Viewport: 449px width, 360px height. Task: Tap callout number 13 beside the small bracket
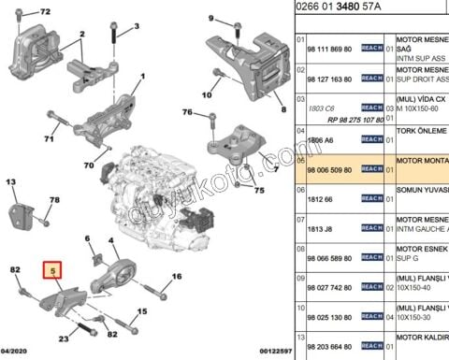point(12,183)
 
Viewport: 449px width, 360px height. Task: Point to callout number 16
point(176,277)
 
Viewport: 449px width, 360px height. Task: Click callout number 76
point(187,113)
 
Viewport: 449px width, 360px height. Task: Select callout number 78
point(54,201)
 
